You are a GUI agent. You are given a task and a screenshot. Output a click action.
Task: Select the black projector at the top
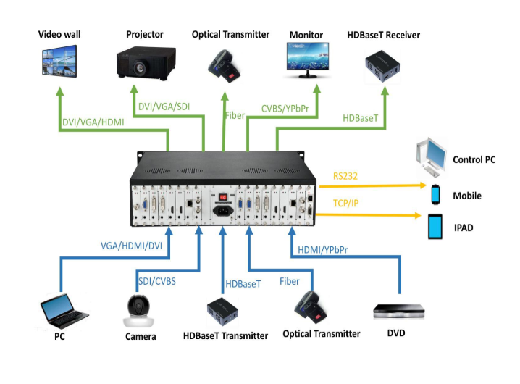146,62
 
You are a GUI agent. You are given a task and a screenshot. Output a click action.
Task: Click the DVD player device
400,312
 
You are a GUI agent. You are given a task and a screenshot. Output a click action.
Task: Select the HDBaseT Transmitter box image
225,310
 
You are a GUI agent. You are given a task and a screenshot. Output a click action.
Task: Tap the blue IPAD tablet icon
436,227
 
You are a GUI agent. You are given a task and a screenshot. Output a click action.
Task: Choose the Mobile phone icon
436,195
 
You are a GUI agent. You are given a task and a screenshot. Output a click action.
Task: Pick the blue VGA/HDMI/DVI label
130,246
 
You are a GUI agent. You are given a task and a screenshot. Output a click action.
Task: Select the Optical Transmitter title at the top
230,34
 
